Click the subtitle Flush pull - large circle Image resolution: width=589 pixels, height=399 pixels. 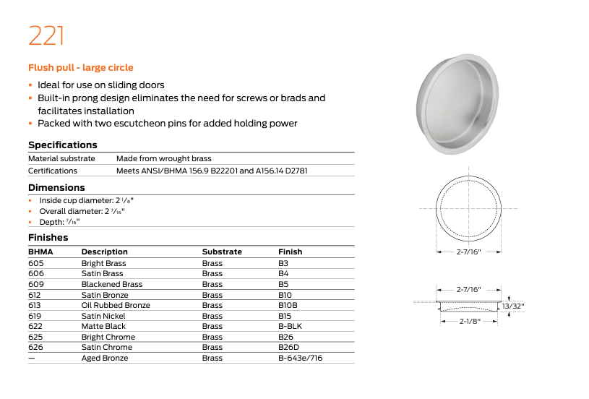pos(80,68)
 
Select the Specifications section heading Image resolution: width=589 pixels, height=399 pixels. pos(62,145)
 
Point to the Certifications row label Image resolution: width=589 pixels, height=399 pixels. pos(52,171)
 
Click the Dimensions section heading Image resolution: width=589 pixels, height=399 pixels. pos(56,188)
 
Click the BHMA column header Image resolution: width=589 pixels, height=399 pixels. pos(40,252)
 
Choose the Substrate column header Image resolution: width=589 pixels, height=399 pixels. pos(222,252)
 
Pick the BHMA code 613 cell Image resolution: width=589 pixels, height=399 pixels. pos(35,306)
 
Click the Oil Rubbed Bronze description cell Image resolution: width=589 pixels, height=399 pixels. pos(116,306)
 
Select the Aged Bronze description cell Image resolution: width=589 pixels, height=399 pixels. pos(105,359)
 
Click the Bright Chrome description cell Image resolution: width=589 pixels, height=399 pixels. pos(108,338)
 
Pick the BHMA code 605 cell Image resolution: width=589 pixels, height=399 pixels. pos(36,264)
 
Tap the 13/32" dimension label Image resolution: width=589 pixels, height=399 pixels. pos(515,306)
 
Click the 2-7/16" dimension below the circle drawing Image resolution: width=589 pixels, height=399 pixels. pos(468,252)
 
